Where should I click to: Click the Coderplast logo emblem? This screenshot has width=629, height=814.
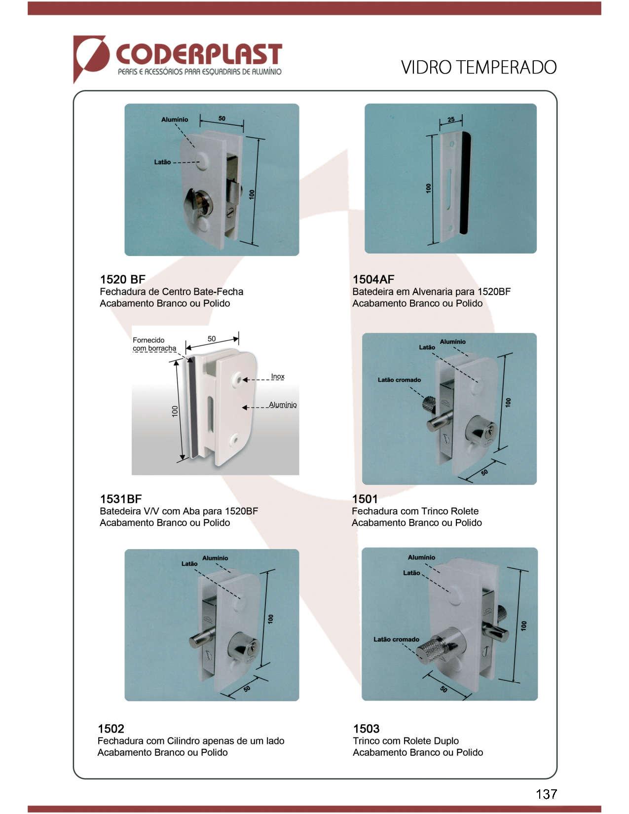91,58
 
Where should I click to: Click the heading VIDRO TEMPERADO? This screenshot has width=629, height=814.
479,68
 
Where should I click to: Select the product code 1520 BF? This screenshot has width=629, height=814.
122,279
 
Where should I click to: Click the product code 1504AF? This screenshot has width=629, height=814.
373,279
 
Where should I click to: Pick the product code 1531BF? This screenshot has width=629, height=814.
121,499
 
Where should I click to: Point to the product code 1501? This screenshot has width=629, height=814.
365,499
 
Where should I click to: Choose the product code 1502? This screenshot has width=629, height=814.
111,729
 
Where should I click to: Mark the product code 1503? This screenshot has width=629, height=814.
367,729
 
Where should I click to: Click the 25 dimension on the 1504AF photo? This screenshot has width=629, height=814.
451,119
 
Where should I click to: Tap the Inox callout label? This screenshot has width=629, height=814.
278,376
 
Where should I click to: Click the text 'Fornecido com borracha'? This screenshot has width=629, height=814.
154,344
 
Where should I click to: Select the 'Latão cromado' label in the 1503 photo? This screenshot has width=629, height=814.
396,639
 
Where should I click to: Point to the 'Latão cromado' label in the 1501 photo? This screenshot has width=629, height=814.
399,380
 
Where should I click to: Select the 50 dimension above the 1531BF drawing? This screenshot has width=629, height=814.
212,339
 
